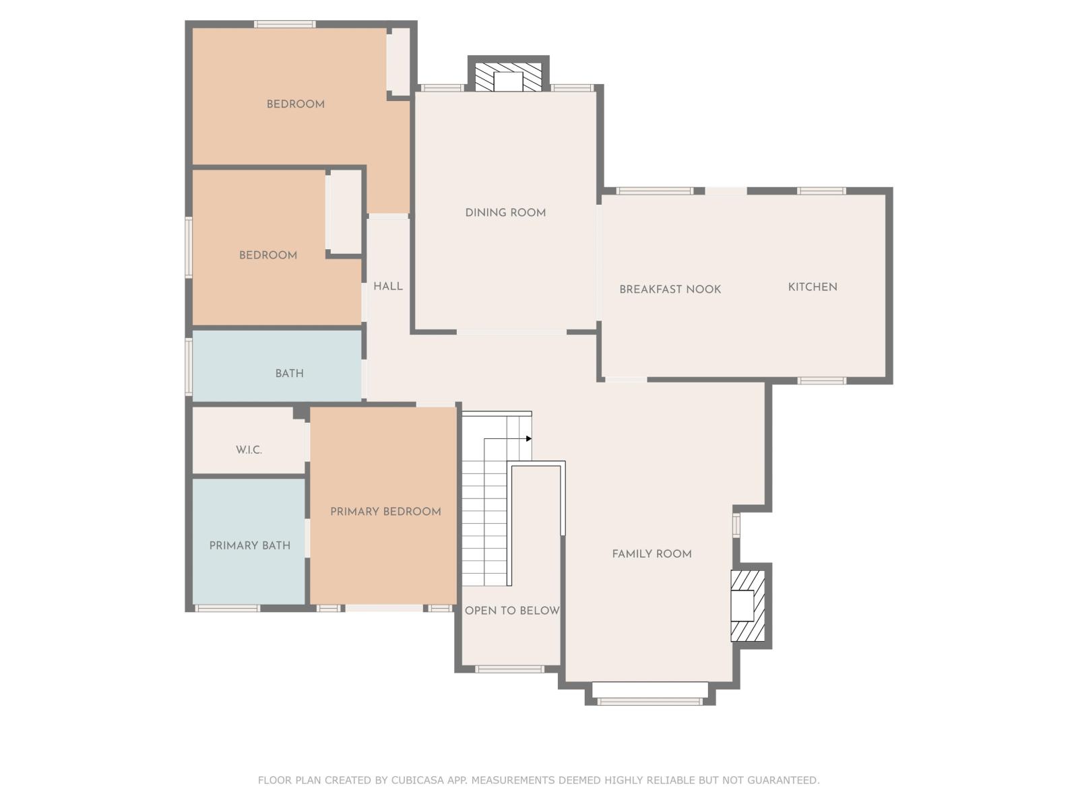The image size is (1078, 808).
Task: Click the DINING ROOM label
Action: coord(505,213)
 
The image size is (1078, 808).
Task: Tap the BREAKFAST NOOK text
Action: coord(670,290)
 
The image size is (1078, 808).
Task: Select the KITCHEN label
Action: coord(813,287)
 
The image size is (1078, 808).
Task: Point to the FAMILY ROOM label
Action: coord(652,554)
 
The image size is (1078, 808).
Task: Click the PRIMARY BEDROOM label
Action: coord(385,512)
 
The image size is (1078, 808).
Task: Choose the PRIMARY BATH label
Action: coord(249,546)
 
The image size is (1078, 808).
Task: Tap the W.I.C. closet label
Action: coord(249,450)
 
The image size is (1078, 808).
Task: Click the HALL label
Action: coord(388,286)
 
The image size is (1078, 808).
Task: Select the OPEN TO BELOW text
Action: coord(511,611)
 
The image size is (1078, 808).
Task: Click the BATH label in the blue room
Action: coord(289,374)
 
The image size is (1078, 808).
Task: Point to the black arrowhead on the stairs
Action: coord(529,439)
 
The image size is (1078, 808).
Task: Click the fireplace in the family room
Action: coord(747,605)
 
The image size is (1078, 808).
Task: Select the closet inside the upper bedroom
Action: coord(398,61)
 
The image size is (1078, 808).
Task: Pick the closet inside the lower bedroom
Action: coord(345,211)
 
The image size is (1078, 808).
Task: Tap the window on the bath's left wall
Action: coord(189,367)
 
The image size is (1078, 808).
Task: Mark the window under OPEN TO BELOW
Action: coord(509,669)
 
